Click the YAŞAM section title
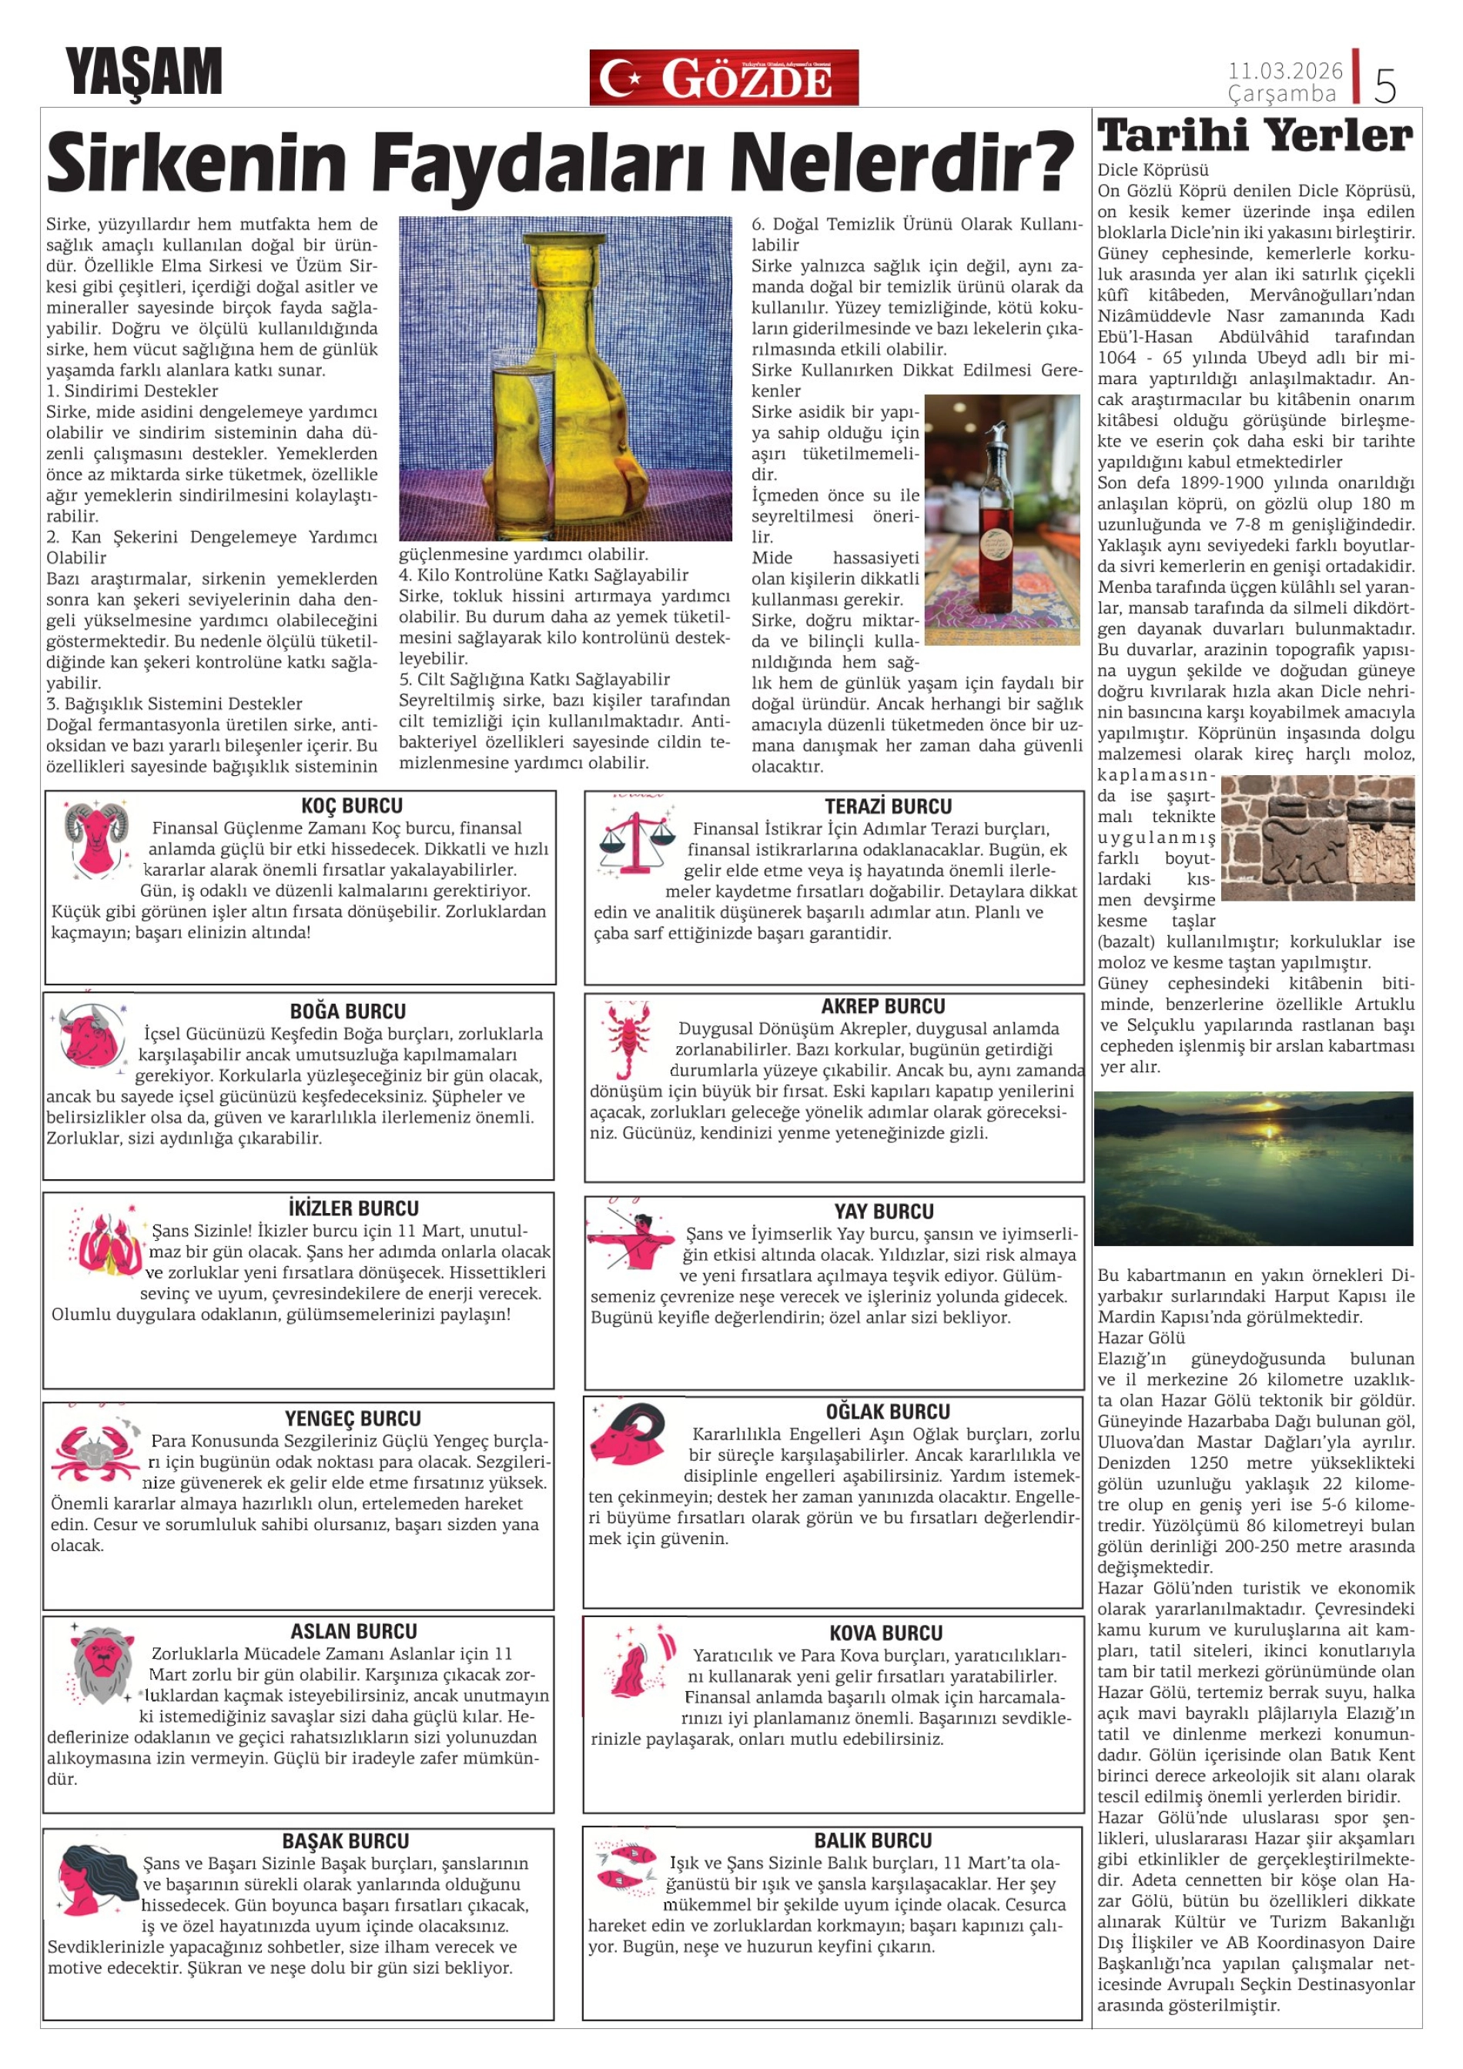click(x=143, y=72)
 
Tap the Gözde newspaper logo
click(x=723, y=78)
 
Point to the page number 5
click(x=1384, y=85)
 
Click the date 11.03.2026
click(x=1284, y=70)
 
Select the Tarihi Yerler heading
click(x=1255, y=136)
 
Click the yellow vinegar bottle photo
click(x=565, y=379)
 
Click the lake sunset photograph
click(x=1253, y=1168)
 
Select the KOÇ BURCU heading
click(x=352, y=806)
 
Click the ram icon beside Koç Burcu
click(x=95, y=840)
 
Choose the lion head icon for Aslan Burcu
click(x=100, y=1663)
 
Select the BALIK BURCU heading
click(x=872, y=1840)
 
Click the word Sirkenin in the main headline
click(x=196, y=163)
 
